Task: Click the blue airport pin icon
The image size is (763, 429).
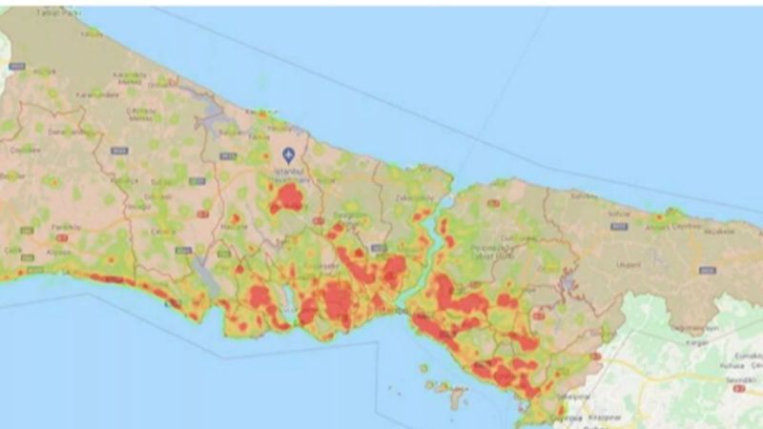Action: coord(289,153)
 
